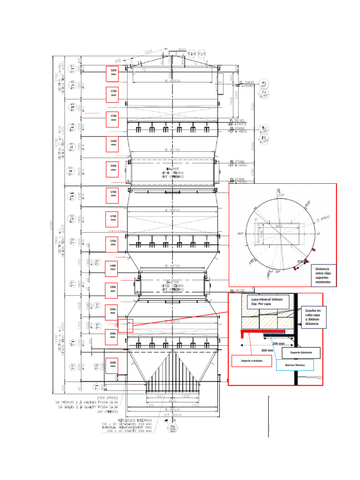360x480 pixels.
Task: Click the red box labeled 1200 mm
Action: point(113,73)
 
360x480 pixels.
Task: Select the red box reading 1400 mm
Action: point(113,267)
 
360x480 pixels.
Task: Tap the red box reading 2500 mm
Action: point(113,364)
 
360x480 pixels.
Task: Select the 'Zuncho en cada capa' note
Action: point(313,317)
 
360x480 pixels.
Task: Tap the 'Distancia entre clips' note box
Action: point(322,273)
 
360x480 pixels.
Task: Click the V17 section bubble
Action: point(72,69)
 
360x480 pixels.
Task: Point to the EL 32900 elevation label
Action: point(247,82)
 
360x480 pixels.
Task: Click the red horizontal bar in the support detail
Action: point(262,331)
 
